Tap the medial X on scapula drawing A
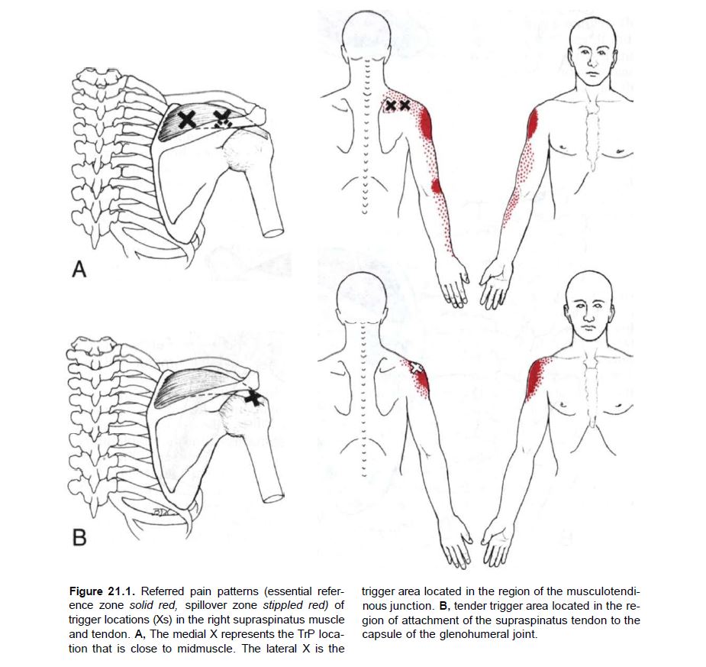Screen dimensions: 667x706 pyautogui.click(x=186, y=119)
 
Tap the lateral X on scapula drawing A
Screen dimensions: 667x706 pyautogui.click(x=222, y=118)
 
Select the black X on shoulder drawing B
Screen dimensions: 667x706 pyautogui.click(x=253, y=397)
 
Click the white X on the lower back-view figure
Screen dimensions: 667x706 pyautogui.click(x=416, y=366)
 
